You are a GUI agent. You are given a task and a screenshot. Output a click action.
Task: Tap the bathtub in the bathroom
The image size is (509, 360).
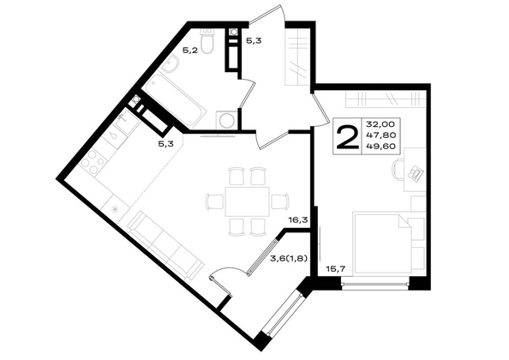pos(176,99)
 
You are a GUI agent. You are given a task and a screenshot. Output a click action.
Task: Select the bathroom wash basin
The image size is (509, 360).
pos(170,63)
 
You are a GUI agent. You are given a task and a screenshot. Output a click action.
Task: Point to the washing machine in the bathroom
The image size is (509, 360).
pos(226,120)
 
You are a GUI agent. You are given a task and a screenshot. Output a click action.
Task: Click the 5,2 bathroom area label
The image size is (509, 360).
pos(190,51)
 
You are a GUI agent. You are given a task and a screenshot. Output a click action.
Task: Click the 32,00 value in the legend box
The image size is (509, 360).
pos(380,124)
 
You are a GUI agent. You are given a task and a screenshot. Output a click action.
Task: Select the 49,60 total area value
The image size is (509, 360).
pos(380,146)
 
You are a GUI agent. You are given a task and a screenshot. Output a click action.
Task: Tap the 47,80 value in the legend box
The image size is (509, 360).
pos(380,135)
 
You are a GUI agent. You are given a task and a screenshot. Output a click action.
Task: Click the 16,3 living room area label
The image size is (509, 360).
pos(298,221)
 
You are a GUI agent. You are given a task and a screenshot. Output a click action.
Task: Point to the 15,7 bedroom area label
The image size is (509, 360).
pos(335,268)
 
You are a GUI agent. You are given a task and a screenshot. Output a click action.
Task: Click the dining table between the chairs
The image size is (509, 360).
pos(248,201)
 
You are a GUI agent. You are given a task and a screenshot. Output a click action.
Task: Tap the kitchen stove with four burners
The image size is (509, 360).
pos(93,162)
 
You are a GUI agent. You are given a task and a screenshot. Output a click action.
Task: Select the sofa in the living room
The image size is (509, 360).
pos(165,245)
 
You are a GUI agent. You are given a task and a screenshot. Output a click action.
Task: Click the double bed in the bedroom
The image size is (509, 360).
pos(382,243)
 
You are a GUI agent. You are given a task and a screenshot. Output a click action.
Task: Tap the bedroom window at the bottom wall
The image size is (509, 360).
pos(375,285)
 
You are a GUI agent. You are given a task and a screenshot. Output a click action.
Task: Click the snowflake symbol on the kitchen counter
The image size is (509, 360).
pos(115,209)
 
